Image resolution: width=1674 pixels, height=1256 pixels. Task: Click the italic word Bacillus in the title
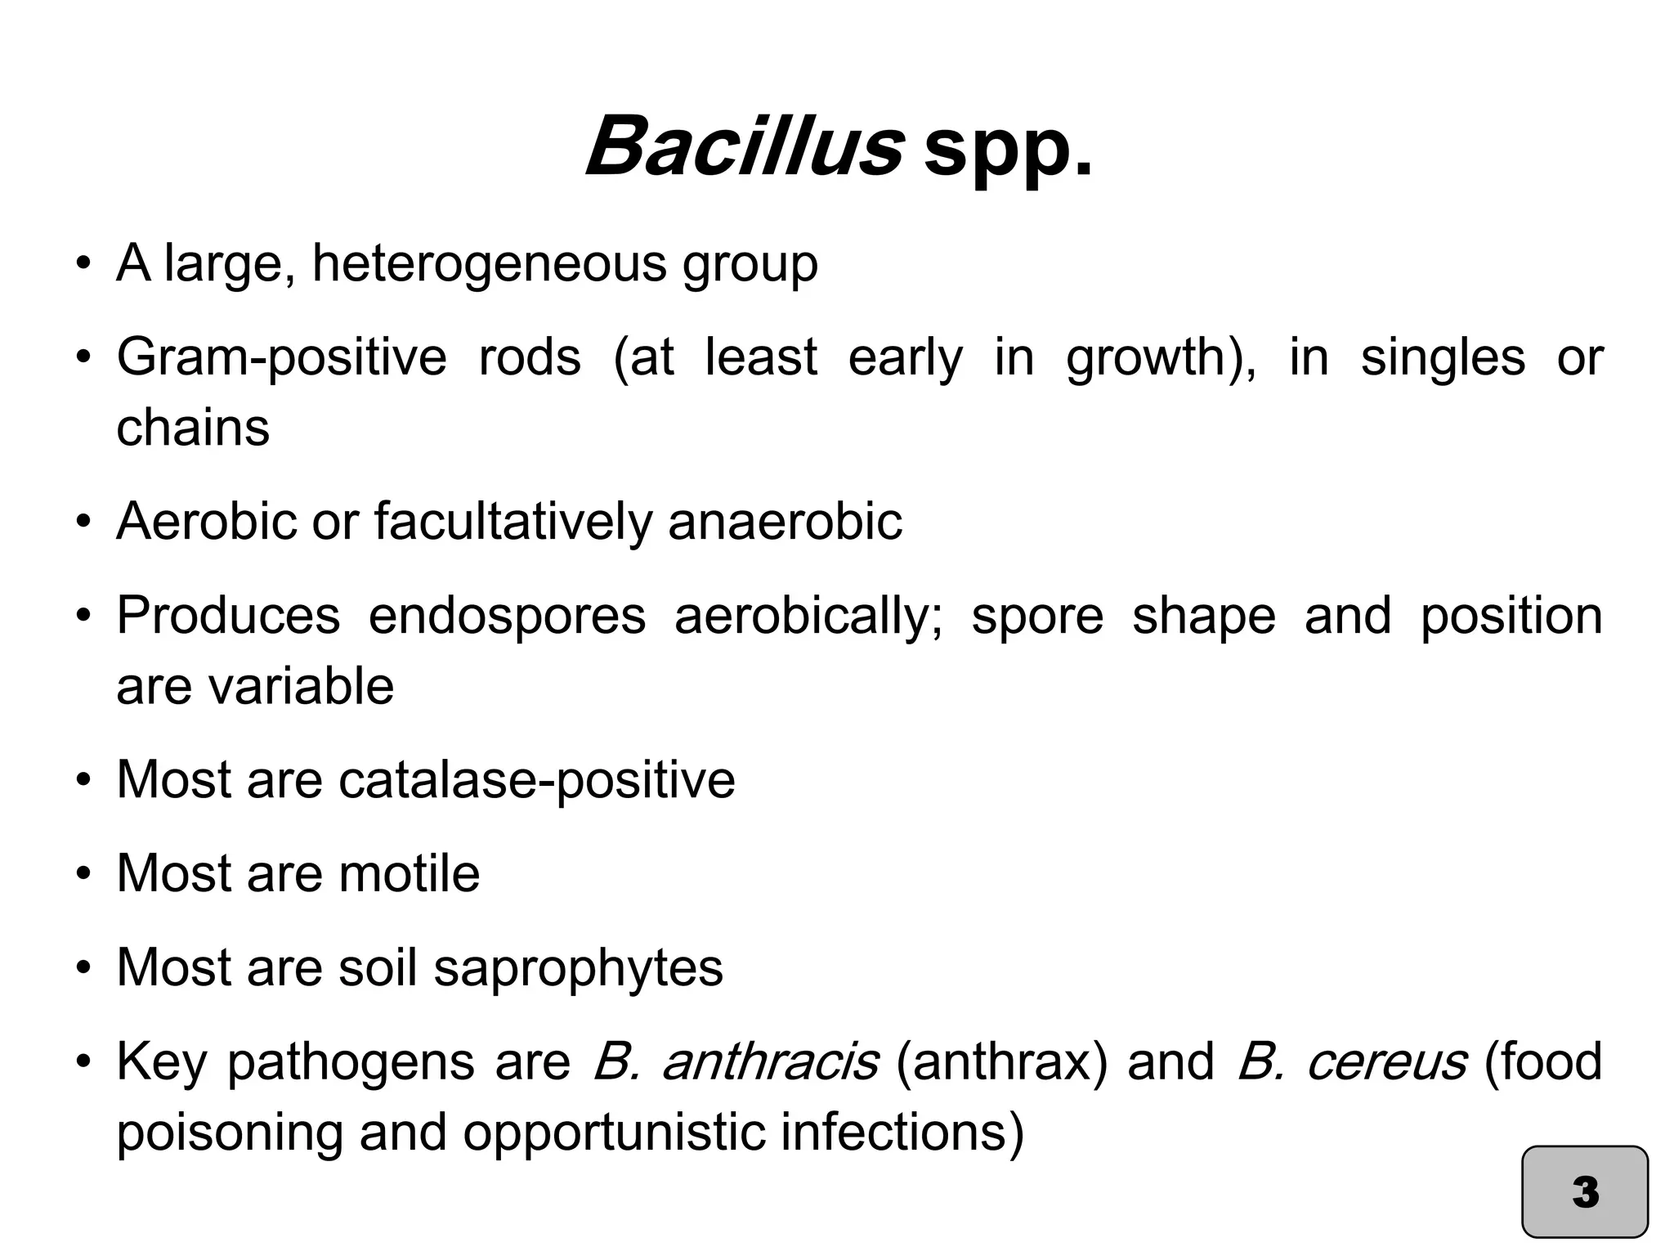coord(744,147)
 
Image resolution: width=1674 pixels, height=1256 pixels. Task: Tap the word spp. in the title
coord(1007,151)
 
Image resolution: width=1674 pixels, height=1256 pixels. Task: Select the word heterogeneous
coord(489,265)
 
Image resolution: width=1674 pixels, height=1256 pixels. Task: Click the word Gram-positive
coord(282,358)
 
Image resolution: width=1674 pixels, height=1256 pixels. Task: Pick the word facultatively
coord(513,522)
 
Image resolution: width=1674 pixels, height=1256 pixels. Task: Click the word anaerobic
coord(785,522)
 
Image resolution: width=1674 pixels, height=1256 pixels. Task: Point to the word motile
coord(409,873)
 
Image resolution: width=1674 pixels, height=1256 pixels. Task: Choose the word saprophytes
coord(578,968)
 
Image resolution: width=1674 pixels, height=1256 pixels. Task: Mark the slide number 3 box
coord(1585,1191)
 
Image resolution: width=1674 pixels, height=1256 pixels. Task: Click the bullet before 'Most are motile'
coord(83,873)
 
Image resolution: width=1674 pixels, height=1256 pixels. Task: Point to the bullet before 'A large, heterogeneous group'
coord(83,265)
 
